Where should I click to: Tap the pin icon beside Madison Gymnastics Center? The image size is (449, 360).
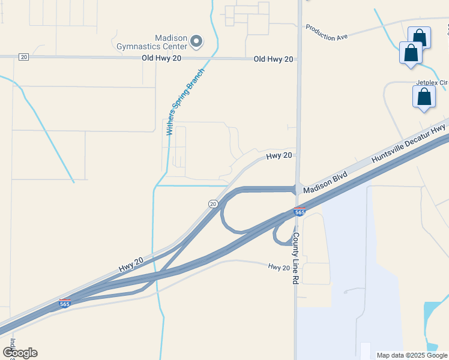pos(196,41)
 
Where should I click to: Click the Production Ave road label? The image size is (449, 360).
pos(327,32)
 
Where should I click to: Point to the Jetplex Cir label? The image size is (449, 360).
pos(432,82)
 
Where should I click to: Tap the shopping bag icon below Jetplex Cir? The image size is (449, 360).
pos(424,97)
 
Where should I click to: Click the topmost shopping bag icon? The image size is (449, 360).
pos(419,37)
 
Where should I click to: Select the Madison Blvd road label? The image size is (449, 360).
pos(325,182)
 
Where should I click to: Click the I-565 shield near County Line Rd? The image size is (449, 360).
pos(300,212)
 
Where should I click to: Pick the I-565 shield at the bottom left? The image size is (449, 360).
pos(65,304)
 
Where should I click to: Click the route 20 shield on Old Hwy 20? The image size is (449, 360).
pos(23,57)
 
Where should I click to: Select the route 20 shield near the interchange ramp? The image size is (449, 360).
pos(213,204)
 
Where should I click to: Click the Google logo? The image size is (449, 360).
pos(20,353)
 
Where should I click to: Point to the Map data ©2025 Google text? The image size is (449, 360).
pos(412,355)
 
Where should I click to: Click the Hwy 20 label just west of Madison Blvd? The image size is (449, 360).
pos(279,155)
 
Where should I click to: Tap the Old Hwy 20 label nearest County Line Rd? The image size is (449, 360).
pos(273,59)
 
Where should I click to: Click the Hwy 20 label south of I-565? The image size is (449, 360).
pos(279,267)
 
